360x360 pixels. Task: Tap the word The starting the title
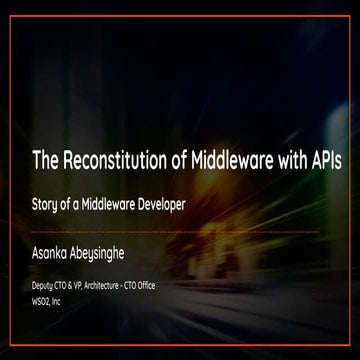coord(47,160)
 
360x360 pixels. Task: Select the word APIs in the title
coord(315,160)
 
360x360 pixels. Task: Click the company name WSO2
coord(44,299)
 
